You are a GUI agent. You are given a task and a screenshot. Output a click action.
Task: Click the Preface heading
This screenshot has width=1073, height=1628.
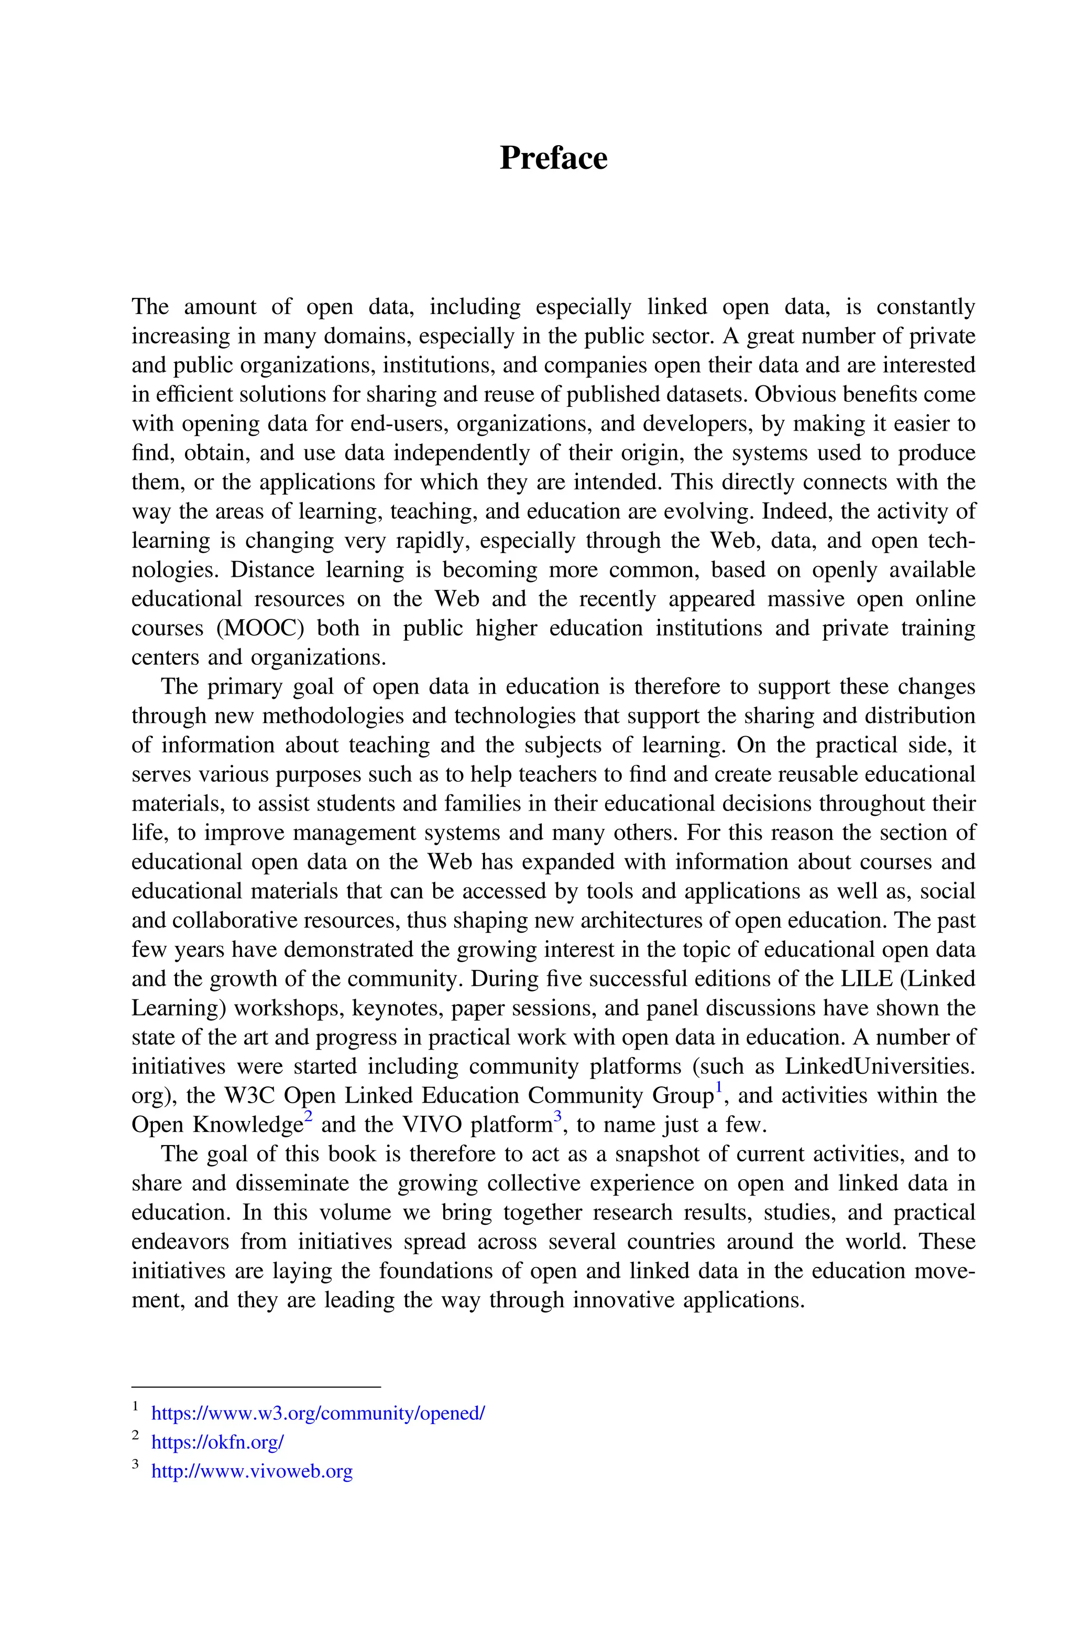point(553,158)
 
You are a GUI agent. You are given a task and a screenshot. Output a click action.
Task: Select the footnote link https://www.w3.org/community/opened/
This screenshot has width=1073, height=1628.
point(317,1413)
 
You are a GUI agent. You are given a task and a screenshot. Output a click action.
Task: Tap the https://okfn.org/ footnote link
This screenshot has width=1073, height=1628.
point(217,1442)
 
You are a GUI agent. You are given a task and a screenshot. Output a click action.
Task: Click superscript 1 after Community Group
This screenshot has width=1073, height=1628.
point(718,1087)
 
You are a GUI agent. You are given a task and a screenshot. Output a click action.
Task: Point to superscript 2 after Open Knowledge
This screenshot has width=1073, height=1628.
point(308,1117)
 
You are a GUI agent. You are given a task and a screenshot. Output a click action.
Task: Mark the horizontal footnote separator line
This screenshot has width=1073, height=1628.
point(255,1386)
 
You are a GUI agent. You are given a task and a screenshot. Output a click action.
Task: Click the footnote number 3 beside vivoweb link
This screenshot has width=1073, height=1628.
point(136,1464)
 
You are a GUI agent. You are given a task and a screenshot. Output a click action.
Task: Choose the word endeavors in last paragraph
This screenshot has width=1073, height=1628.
point(179,1241)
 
